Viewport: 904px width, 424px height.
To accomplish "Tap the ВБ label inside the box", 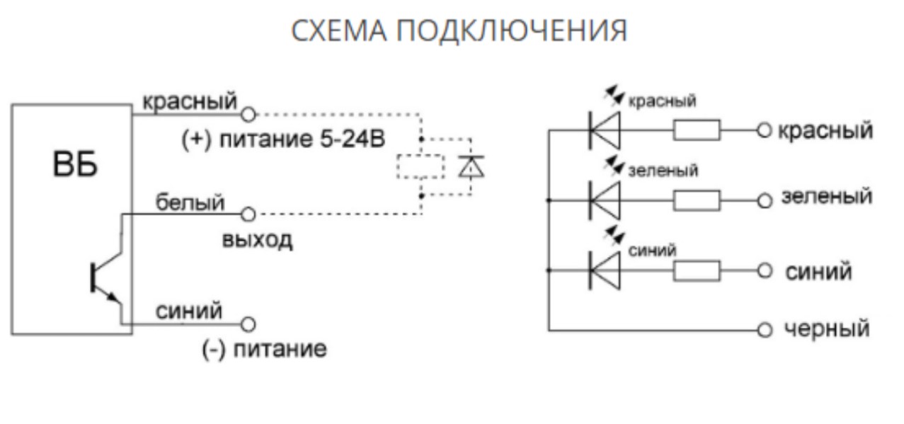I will click(x=75, y=166).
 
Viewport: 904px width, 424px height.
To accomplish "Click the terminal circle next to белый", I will click(x=248, y=212).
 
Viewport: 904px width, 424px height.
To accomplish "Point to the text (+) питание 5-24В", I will click(x=282, y=139).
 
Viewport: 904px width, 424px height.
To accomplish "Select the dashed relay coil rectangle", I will click(x=420, y=167).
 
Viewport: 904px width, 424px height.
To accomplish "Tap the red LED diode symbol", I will click(x=605, y=131).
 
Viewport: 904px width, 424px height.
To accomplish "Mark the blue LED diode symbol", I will click(x=605, y=270).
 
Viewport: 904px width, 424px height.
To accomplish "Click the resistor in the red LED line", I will click(x=697, y=131).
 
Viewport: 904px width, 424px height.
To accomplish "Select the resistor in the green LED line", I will click(x=697, y=201).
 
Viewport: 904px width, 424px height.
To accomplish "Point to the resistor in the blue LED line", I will click(x=697, y=270).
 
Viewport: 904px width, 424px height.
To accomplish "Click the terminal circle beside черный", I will click(x=764, y=331).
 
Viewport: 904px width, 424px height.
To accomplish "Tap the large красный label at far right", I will click(x=825, y=131).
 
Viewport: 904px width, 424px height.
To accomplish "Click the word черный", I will click(x=827, y=329).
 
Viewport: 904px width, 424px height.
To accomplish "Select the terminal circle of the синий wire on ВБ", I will click(x=248, y=325).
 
